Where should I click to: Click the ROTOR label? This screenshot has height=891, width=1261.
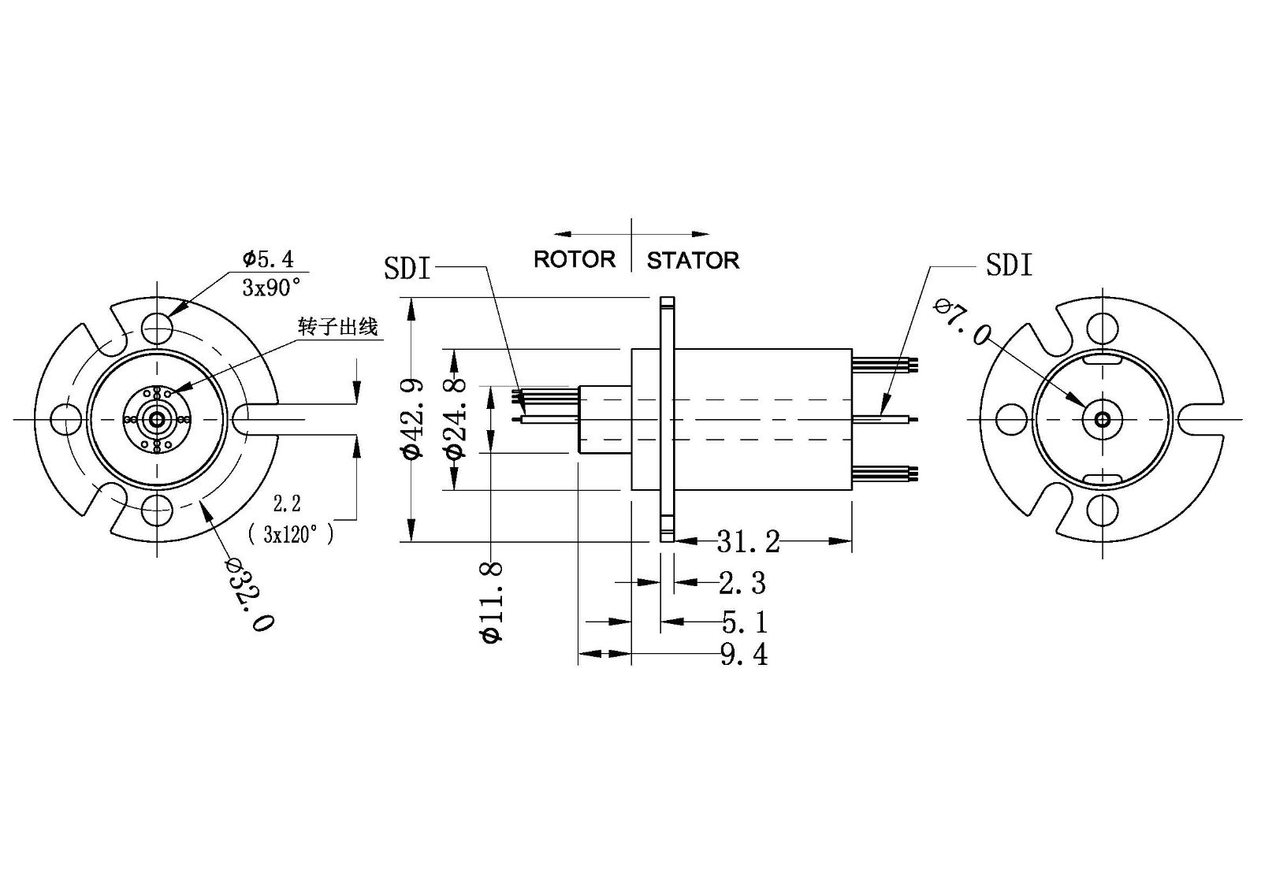click(574, 259)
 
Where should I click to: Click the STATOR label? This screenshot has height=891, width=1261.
click(693, 260)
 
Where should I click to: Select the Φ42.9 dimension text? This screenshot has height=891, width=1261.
click(412, 418)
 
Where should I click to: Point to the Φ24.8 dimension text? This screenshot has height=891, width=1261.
click(455, 418)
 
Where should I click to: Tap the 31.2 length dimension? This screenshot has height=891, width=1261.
click(748, 541)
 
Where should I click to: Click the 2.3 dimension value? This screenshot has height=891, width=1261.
click(742, 583)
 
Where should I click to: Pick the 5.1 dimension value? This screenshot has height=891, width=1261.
click(744, 622)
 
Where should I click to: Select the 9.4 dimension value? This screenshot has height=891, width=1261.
click(743, 654)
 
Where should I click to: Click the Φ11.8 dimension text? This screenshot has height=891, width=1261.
click(492, 603)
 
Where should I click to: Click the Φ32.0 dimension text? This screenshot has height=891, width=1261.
click(249, 594)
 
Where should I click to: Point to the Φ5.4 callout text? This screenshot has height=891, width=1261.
click(267, 258)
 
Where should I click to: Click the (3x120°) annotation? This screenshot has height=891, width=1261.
click(290, 534)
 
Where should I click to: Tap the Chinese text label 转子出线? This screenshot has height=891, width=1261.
click(337, 326)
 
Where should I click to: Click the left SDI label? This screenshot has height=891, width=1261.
click(407, 269)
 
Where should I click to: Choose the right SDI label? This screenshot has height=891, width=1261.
click(1009, 265)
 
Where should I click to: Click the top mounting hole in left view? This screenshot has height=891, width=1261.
click(157, 327)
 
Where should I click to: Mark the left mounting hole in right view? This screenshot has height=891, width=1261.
click(1011, 419)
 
